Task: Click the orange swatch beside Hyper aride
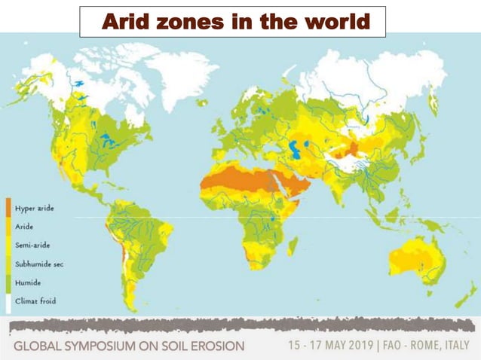(8, 207)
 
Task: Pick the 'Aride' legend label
(24, 225)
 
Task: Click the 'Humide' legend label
(27, 282)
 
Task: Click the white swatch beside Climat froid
(8, 301)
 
